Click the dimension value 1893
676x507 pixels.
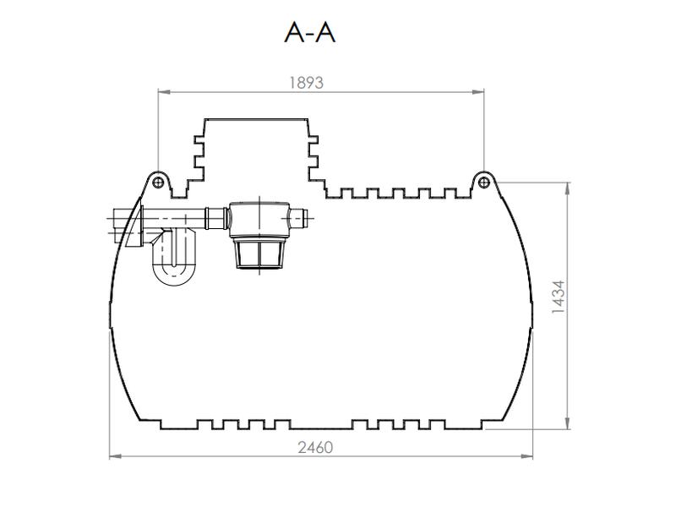[306, 82]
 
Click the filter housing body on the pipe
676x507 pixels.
[257, 219]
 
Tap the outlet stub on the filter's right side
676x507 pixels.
[301, 219]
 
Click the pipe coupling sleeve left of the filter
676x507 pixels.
[215, 219]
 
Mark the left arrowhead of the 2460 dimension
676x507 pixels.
[113, 457]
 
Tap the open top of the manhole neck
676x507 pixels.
[257, 118]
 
